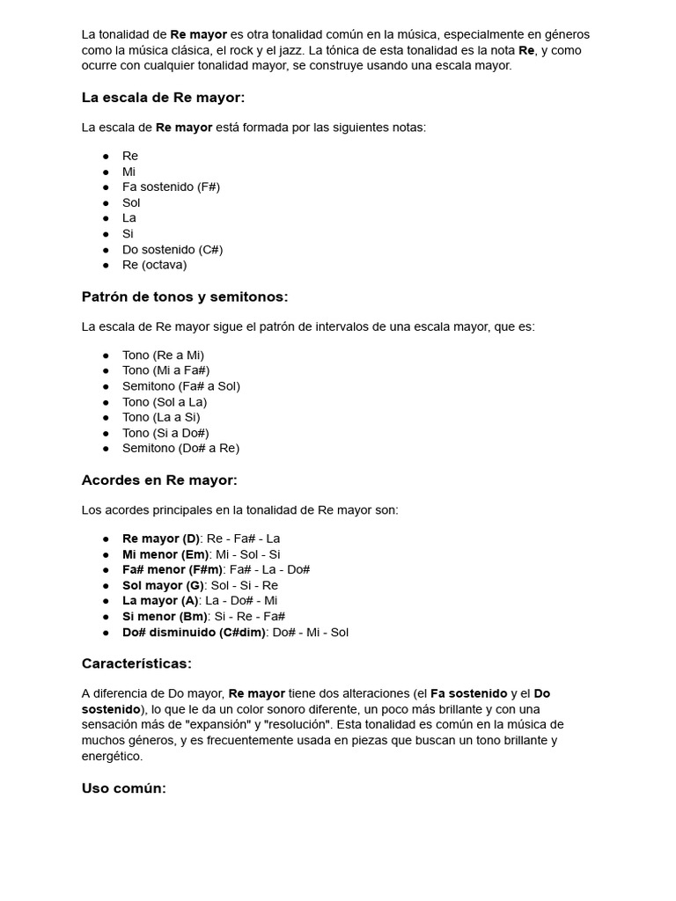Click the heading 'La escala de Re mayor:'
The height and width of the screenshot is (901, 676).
[x=163, y=97]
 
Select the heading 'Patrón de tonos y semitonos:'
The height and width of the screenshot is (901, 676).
[x=185, y=297]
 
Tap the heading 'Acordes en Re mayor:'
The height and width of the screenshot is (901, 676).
[x=159, y=480]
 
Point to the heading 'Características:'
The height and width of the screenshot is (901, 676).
[x=136, y=663]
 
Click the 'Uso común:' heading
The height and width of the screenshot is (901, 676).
[x=123, y=787]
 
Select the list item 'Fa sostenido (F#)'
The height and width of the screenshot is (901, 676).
[x=171, y=187]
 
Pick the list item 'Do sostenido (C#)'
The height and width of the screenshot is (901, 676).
[x=173, y=249]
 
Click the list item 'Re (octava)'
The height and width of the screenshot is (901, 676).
[x=154, y=265]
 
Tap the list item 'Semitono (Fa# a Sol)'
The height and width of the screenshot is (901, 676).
[x=180, y=385]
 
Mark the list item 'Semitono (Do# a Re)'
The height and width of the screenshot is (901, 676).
[x=180, y=448]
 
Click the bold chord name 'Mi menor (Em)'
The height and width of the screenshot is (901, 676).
[x=165, y=554]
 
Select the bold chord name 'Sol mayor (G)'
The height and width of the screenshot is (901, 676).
[x=163, y=585]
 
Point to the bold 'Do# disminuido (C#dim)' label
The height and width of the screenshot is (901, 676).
[x=194, y=632]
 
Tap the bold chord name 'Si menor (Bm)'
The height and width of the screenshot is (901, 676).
[x=165, y=616]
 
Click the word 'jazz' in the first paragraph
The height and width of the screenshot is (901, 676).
[x=292, y=50]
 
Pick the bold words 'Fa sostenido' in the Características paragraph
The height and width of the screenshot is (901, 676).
[x=468, y=693]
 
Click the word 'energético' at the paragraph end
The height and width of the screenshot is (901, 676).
[x=112, y=756]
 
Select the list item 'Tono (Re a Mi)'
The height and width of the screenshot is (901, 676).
[x=163, y=355]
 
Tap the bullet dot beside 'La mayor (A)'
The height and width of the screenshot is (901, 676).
[x=106, y=601]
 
